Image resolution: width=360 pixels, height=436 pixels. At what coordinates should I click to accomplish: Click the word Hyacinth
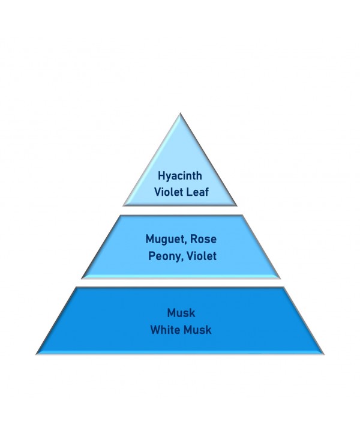pyautogui.click(x=180, y=177)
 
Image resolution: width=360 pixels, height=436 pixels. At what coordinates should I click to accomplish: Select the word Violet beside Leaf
pyautogui.click(x=169, y=192)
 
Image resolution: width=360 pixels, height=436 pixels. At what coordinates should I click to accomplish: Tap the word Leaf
pyautogui.click(x=197, y=192)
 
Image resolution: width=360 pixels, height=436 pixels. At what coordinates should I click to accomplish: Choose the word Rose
pyautogui.click(x=203, y=239)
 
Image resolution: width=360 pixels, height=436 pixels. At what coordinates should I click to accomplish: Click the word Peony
pyautogui.click(x=164, y=256)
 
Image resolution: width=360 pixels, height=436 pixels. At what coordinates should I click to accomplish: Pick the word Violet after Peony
pyautogui.click(x=202, y=256)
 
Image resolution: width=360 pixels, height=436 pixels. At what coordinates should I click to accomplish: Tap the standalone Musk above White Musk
pyautogui.click(x=181, y=313)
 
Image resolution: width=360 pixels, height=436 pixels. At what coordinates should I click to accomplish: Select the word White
pyautogui.click(x=165, y=330)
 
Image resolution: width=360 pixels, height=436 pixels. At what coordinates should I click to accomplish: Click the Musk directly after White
pyautogui.click(x=197, y=330)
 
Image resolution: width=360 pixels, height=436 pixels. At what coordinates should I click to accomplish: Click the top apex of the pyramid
pyautogui.click(x=180, y=113)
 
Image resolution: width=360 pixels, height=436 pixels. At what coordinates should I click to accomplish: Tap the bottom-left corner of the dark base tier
pyautogui.click(x=36, y=354)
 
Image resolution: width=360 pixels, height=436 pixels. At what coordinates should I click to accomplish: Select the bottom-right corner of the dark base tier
pyautogui.click(x=324, y=354)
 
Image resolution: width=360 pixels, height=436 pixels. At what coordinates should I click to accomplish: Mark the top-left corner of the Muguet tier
pyautogui.click(x=120, y=215)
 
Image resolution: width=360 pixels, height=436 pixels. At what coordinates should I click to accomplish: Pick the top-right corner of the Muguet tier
pyautogui.click(x=242, y=215)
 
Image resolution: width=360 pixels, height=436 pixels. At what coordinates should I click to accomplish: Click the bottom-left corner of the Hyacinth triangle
pyautogui.click(x=123, y=206)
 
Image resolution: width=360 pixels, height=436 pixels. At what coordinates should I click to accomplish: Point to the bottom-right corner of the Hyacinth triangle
pyautogui.click(x=237, y=206)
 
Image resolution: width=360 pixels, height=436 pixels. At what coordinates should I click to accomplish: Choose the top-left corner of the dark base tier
pyautogui.click(x=76, y=287)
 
